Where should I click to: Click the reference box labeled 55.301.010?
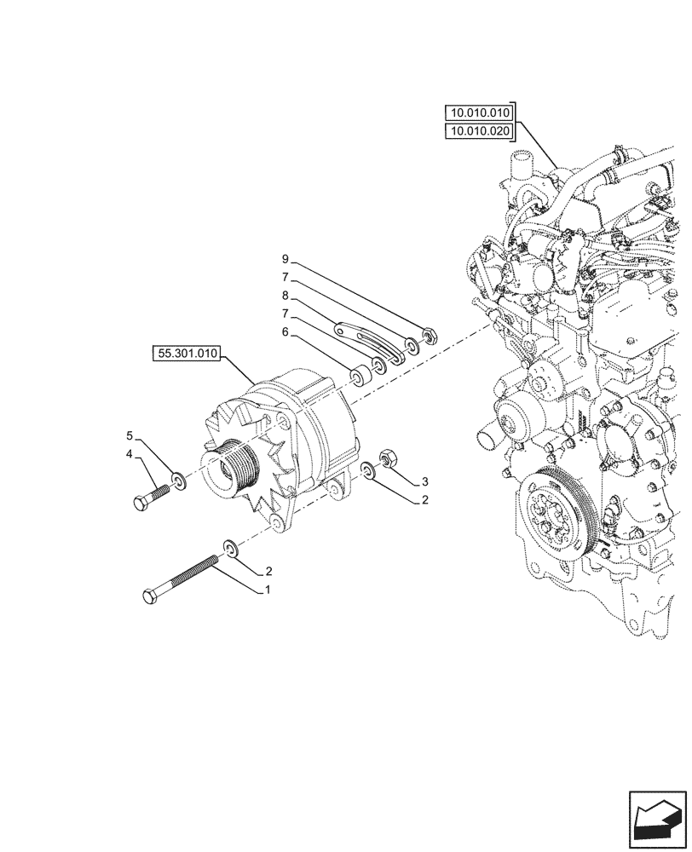[x=187, y=352]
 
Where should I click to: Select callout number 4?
[x=130, y=455]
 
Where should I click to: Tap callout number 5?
[x=130, y=434]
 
